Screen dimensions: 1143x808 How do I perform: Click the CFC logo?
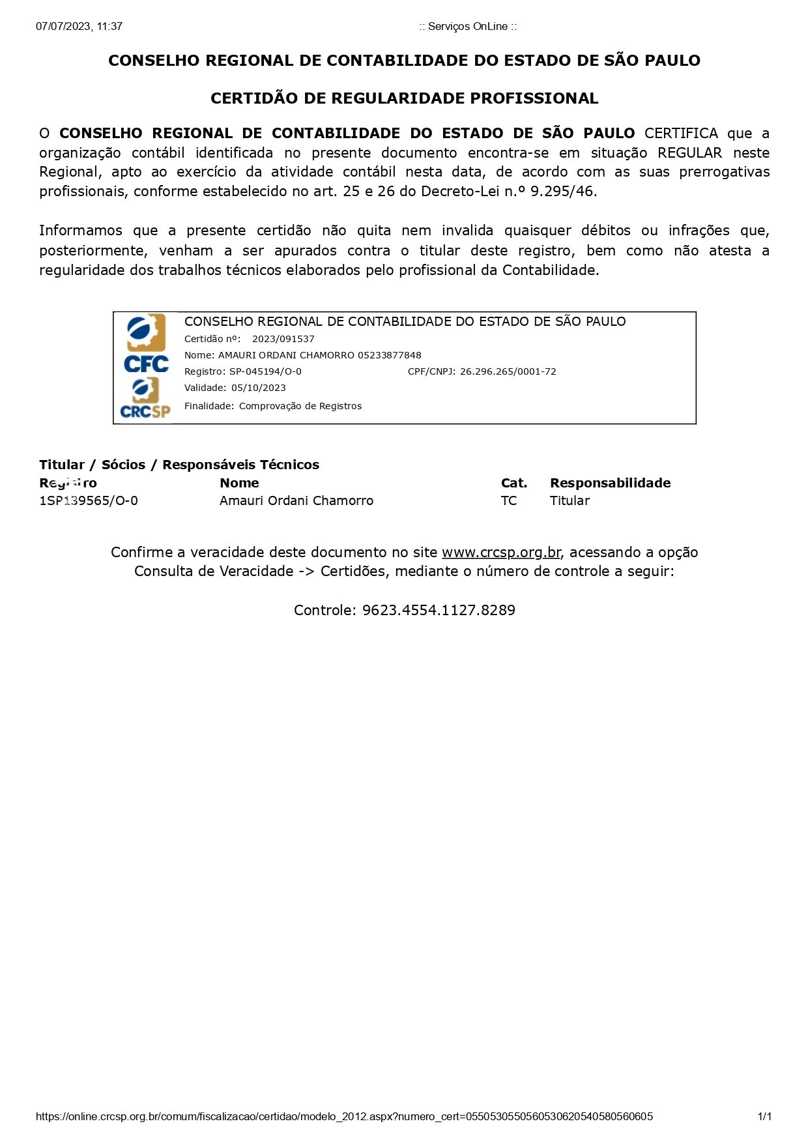click(x=146, y=343)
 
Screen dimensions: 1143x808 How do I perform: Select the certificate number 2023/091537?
click(x=283, y=339)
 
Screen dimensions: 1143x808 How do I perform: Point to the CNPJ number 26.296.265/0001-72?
click(x=508, y=371)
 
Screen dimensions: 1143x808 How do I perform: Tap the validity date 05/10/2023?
click(x=258, y=388)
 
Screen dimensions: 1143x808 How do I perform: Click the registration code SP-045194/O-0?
click(x=265, y=371)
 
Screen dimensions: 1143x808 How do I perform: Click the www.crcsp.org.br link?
click(x=500, y=553)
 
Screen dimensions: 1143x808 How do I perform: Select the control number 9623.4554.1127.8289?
click(x=439, y=611)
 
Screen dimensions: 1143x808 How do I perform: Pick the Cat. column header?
click(x=513, y=483)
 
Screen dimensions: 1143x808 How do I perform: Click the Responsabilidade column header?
click(x=610, y=483)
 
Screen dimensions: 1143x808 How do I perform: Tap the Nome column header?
click(x=239, y=483)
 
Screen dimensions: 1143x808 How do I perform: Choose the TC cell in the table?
click(x=508, y=500)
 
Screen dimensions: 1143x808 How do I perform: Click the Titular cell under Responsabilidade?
click(x=570, y=500)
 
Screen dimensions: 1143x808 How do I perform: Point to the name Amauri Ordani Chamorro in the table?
click(x=296, y=500)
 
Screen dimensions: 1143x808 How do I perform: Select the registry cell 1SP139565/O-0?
click(x=89, y=500)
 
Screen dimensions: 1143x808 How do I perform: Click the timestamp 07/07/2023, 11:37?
click(x=79, y=27)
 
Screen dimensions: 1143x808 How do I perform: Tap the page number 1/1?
click(x=764, y=1116)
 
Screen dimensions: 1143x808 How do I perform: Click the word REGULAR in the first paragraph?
click(x=689, y=153)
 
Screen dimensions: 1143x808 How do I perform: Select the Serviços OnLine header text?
click(x=467, y=27)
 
